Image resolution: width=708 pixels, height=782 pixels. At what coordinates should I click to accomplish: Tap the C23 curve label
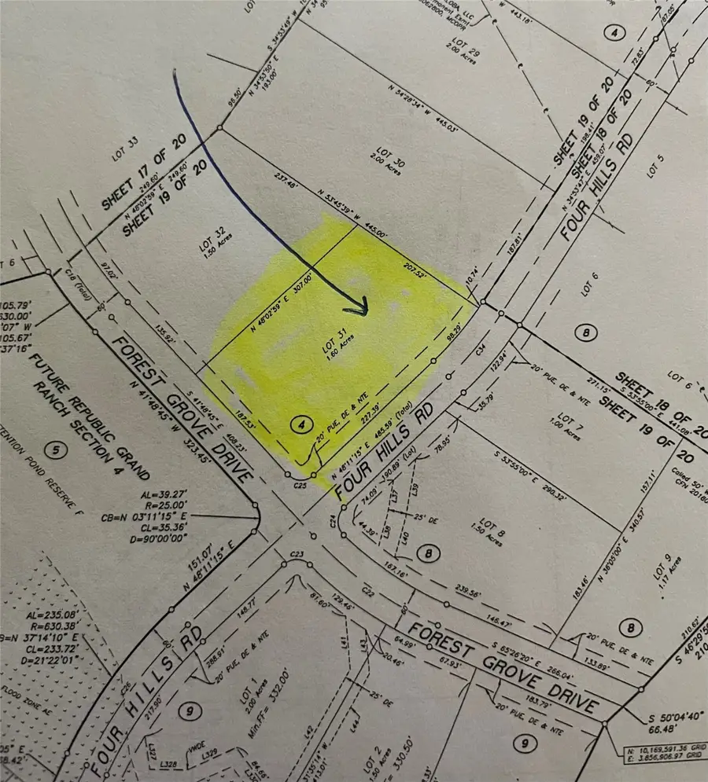click(x=297, y=556)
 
